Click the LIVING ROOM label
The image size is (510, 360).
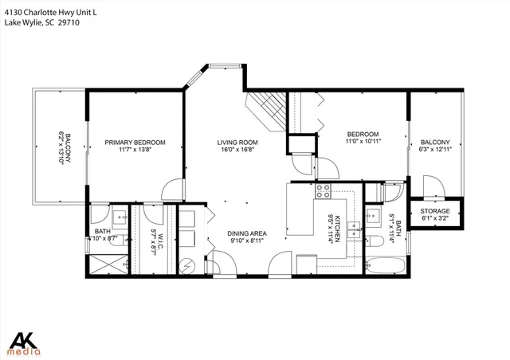[238, 143]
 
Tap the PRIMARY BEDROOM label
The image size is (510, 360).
[135, 143]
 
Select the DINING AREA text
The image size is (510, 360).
[249, 233]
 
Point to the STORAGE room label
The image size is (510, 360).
[434, 211]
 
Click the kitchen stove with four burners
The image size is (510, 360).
[324, 191]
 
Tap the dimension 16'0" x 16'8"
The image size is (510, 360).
[238, 151]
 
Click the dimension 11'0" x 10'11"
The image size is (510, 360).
[363, 142]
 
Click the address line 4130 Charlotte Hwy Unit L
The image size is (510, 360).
[48, 12]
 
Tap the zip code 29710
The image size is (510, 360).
[68, 23]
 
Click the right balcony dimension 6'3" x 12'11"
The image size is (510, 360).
[434, 151]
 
